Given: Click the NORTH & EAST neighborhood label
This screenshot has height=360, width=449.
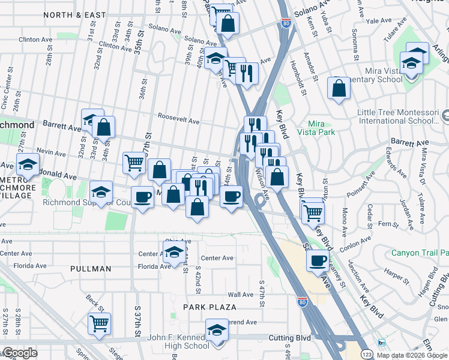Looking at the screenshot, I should pyautogui.click(x=74, y=14).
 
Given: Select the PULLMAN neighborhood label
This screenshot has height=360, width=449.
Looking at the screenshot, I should pyautogui.click(x=90, y=269).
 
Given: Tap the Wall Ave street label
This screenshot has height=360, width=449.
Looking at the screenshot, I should pyautogui.click(x=241, y=295).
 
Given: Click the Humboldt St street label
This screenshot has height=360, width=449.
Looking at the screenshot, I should pyautogui.click(x=298, y=75).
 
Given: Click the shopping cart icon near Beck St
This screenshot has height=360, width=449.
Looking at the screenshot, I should pyautogui.click(x=99, y=323).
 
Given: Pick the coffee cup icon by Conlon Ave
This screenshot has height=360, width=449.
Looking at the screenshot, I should pyautogui.click(x=318, y=260).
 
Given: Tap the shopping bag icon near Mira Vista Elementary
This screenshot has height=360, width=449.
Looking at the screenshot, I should pyautogui.click(x=339, y=88).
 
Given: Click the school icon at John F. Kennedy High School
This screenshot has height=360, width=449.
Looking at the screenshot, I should pyautogui.click(x=217, y=329).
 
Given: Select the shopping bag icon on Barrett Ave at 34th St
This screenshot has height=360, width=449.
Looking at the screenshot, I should pyautogui.click(x=103, y=127).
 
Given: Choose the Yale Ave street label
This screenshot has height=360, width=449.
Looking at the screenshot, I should pyautogui.click(x=378, y=20).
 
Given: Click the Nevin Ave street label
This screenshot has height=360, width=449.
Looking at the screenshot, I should pyautogui.click(x=50, y=152).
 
